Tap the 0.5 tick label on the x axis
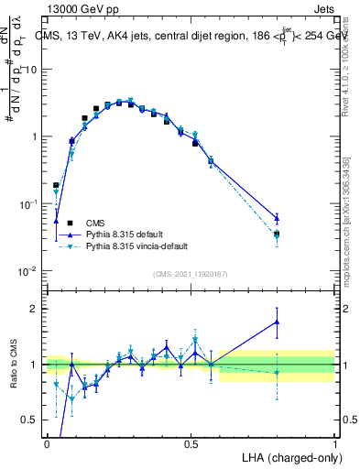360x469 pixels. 191,442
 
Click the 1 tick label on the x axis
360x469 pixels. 335,442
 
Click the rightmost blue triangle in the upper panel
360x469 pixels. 277,218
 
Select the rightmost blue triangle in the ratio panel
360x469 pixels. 277,322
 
